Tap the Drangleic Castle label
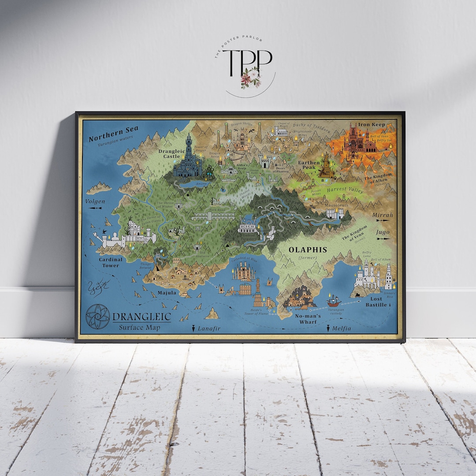(169, 153)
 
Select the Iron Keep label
(372, 125)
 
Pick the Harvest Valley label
(345, 190)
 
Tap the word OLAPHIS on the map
(308, 249)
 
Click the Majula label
(167, 293)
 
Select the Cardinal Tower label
(111, 263)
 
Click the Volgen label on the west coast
(96, 202)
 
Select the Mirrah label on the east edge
(382, 215)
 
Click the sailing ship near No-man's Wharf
(334, 301)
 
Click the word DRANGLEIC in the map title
(142, 316)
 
